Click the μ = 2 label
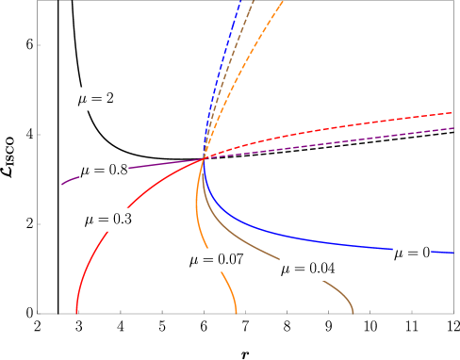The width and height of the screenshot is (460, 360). [95, 99]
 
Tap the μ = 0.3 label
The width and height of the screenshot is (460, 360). [107, 220]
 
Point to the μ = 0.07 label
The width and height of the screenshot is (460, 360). [216, 260]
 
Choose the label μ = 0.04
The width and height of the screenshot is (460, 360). [307, 269]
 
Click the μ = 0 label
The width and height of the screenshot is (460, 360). [412, 253]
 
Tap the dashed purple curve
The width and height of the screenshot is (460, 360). [358, 139]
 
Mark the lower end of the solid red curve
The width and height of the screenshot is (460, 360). [76, 311]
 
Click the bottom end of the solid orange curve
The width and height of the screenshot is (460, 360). [236, 312]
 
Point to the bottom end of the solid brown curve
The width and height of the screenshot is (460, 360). [353, 312]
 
